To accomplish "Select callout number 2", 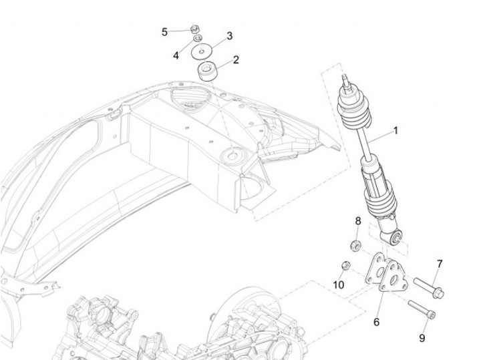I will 235,60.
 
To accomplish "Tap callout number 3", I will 229,35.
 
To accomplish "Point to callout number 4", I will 176,55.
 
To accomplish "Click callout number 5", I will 164,31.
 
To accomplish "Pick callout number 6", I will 376,322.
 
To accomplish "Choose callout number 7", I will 440,264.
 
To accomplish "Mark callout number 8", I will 357,221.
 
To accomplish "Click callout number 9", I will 422,338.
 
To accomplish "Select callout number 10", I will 339,285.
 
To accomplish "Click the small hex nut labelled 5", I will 193,29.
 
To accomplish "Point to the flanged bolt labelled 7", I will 428,287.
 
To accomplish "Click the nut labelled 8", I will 357,243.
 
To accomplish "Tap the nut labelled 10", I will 346,265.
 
